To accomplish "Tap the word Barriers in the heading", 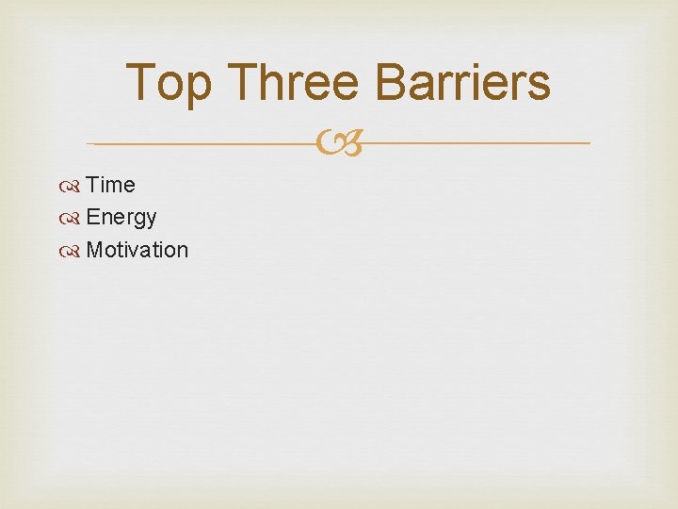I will tap(462, 82).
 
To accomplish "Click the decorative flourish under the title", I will tap(339, 144).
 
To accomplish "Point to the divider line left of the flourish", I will tap(202, 143).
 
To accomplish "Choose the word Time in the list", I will tap(110, 185).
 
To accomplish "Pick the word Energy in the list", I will tap(121, 218).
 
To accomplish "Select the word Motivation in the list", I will tap(137, 250).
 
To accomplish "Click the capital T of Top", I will tap(141, 82).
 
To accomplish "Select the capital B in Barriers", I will tap(391, 82).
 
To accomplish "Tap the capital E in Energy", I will tap(92, 218).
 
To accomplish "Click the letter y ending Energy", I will tap(151, 221).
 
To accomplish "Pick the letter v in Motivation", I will tap(133, 251).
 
